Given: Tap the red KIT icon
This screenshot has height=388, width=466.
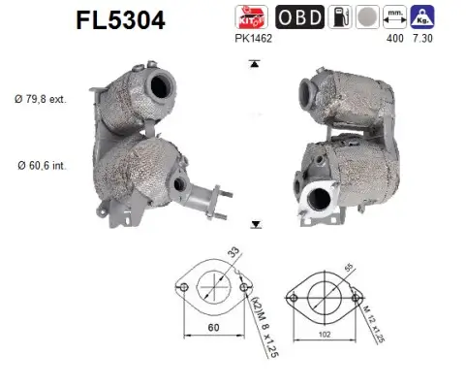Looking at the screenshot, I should click(247, 16).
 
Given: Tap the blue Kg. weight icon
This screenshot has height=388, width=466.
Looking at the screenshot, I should click(422, 16).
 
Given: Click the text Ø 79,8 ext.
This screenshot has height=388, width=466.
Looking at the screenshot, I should click(41, 99).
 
